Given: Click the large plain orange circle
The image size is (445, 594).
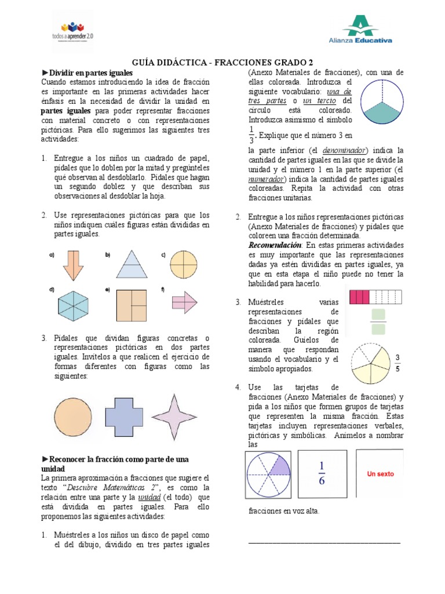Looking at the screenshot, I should pos(73,416).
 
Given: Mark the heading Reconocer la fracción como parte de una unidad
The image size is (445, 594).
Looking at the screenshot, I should pos(115,463).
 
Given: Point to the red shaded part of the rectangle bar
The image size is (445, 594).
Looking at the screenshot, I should pos(359,298).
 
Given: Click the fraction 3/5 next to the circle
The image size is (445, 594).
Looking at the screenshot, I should pos(397,363).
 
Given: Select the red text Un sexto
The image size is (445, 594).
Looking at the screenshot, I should pos(380,474).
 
